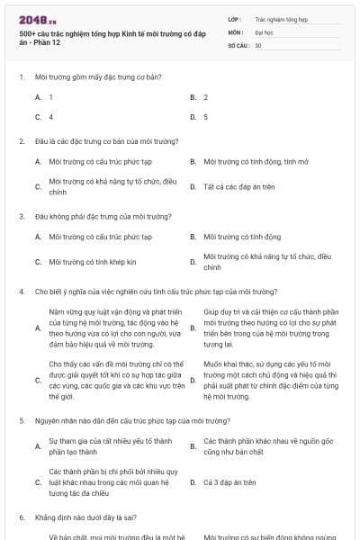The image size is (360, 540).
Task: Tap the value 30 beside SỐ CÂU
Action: click(x=258, y=45)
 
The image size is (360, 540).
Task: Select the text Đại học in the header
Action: click(x=264, y=31)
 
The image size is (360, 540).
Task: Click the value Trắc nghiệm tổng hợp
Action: click(x=281, y=18)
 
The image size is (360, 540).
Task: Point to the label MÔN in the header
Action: click(x=235, y=31)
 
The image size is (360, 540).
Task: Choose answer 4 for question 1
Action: click(x=50, y=117)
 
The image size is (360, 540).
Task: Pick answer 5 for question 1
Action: click(x=206, y=117)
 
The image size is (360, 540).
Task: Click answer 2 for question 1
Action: click(x=206, y=96)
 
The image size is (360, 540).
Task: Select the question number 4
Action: click(x=21, y=292)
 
